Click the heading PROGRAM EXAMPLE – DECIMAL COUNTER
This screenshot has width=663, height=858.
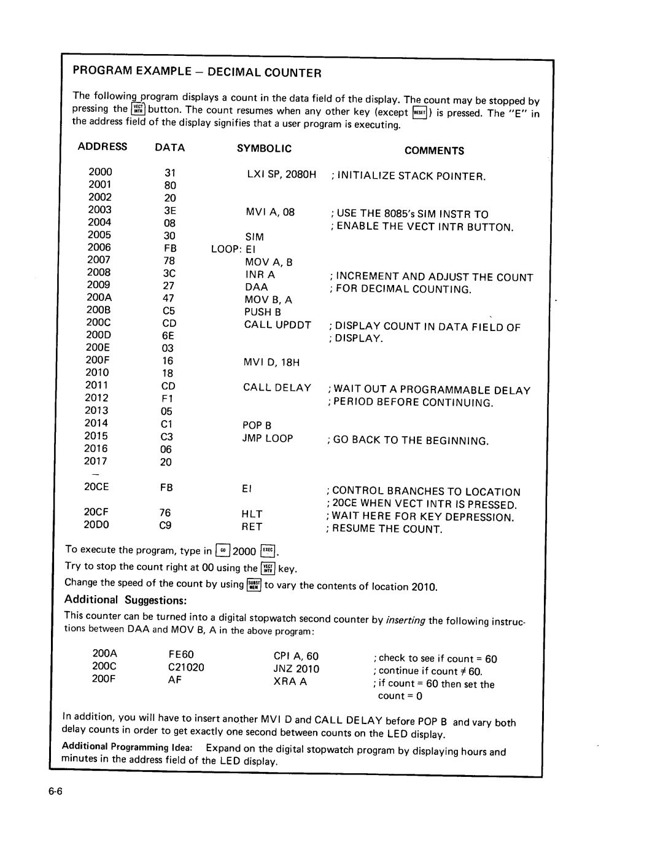(x=197, y=72)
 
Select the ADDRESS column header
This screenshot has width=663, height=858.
(x=103, y=147)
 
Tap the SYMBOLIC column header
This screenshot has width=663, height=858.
(x=264, y=149)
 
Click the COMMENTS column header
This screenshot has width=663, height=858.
(x=434, y=150)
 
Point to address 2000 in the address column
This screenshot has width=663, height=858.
(x=100, y=173)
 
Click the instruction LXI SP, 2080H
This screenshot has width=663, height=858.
(x=281, y=174)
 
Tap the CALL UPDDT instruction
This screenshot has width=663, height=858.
(x=277, y=325)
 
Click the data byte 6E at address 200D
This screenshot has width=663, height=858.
(x=168, y=335)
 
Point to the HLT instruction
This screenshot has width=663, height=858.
(x=252, y=514)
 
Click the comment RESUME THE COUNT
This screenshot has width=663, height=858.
(x=387, y=529)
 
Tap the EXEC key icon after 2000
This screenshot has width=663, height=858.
(x=268, y=551)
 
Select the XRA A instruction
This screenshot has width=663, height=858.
(x=290, y=681)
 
